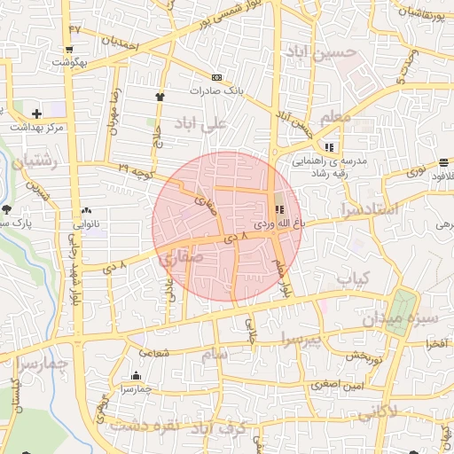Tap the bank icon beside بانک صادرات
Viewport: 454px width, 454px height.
pyautogui.click(x=218, y=77)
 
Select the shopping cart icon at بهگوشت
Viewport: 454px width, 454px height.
pyautogui.click(x=68, y=50)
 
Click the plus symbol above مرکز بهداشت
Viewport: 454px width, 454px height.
pyautogui.click(x=36, y=113)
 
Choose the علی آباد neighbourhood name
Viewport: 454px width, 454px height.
pyautogui.click(x=201, y=121)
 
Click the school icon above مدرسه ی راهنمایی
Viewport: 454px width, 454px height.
pyautogui.click(x=330, y=146)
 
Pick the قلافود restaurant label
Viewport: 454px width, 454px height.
pyautogui.click(x=440, y=176)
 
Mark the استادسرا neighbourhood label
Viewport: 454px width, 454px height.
pyautogui.click(x=371, y=210)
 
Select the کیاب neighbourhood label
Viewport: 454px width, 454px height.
pyautogui.click(x=353, y=278)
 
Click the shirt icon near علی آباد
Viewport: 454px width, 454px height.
pyautogui.click(x=160, y=97)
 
